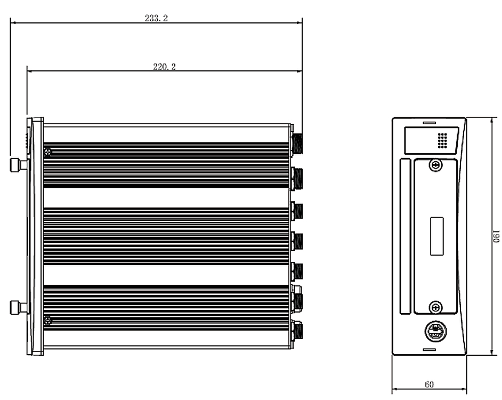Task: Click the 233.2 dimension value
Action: pos(156,18)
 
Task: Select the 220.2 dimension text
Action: pos(164,66)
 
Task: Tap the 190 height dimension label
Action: pos(496,236)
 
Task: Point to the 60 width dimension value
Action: pos(429,384)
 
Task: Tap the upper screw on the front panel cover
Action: pos(435,165)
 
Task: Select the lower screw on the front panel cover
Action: pos(435,308)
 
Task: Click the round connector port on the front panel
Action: pos(435,331)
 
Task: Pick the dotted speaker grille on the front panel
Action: pos(442,141)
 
